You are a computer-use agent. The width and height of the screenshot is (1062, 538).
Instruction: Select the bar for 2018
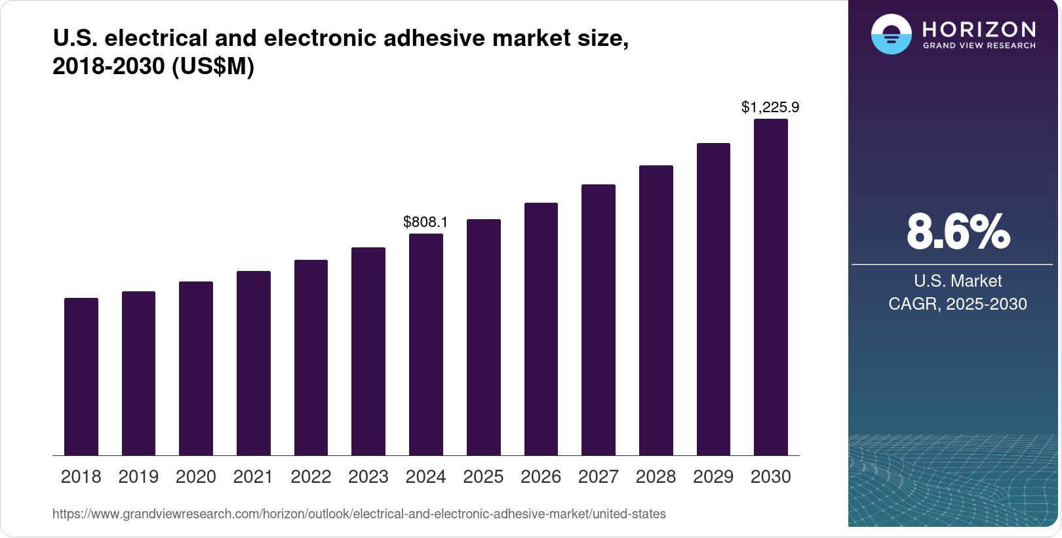[81, 377]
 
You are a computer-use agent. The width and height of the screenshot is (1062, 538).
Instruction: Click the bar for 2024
[426, 344]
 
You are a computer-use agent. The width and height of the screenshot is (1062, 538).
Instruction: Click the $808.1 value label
[425, 222]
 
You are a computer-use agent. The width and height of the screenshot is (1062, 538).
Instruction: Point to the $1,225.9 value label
[770, 107]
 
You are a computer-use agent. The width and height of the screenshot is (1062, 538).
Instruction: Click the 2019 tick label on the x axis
[138, 477]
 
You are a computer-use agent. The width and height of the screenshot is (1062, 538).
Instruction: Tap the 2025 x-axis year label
[483, 477]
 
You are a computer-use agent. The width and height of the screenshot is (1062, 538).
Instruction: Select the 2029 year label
[713, 477]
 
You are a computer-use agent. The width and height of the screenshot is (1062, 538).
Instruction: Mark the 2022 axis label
[311, 477]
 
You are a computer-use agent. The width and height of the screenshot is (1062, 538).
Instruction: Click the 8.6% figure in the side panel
[958, 232]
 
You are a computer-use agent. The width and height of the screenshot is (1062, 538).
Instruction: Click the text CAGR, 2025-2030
[958, 304]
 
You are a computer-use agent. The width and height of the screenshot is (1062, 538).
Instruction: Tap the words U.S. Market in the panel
[958, 281]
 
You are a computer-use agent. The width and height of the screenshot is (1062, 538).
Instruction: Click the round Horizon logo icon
[891, 34]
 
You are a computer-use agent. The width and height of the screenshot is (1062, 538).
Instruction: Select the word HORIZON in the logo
[979, 29]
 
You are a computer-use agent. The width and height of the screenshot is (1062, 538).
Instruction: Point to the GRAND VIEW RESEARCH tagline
[979, 46]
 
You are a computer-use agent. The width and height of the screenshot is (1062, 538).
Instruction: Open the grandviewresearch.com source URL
[359, 514]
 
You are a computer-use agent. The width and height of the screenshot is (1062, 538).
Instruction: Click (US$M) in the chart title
[213, 66]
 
